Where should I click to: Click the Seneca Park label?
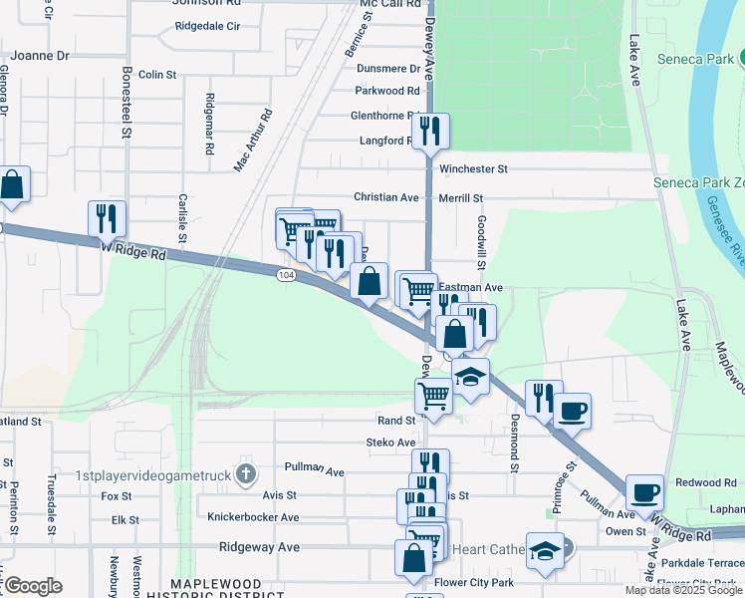700,59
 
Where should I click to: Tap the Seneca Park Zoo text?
698,182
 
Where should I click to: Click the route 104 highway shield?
286,274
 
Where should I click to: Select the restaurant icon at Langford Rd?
430,131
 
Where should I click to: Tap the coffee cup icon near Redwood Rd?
644,491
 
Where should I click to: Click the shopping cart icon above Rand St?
434,394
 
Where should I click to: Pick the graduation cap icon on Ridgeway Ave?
545,551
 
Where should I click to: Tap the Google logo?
33,586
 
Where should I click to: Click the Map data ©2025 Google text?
682,590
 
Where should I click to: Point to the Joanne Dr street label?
35,57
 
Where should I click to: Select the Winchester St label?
474,169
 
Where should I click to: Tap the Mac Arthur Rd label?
253,142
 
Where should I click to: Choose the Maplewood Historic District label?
221,589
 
